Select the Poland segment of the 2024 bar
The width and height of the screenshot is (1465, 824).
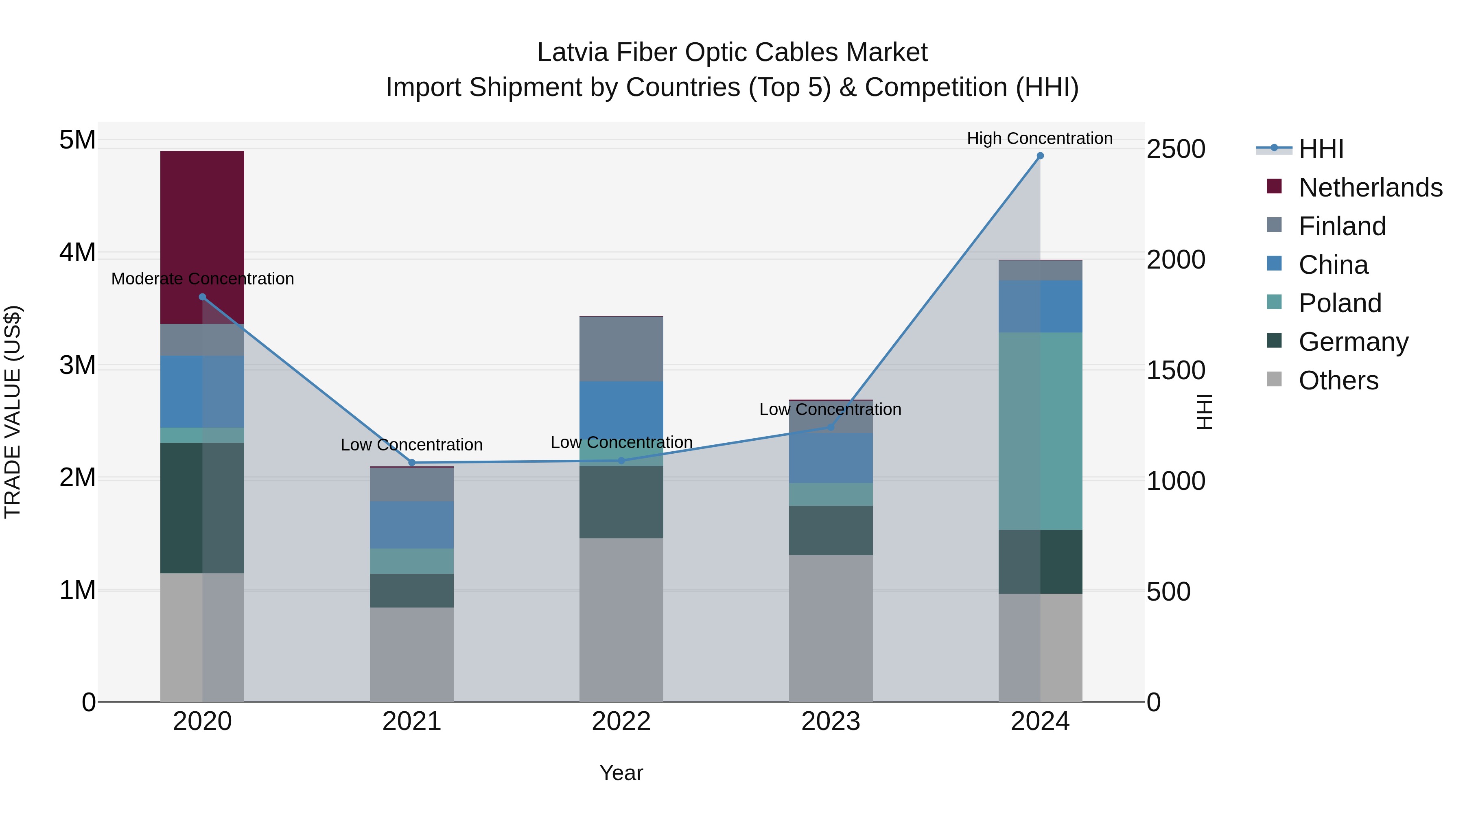tap(1040, 431)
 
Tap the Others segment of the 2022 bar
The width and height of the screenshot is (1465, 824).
tap(621, 619)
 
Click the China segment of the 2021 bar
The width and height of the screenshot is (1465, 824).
tap(412, 525)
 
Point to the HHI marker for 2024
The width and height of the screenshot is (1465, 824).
tap(1040, 156)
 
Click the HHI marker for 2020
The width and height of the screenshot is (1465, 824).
tap(203, 297)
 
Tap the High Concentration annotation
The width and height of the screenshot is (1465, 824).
tap(1040, 138)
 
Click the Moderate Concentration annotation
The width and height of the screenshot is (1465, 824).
tap(203, 279)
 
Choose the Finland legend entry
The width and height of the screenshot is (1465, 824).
tap(1342, 226)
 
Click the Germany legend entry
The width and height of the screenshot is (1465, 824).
tap(1353, 342)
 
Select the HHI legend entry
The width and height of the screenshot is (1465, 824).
tap(1321, 149)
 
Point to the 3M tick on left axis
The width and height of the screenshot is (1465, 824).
tap(77, 365)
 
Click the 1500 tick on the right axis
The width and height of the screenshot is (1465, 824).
tap(1176, 371)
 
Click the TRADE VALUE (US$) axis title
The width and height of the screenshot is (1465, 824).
tap(13, 412)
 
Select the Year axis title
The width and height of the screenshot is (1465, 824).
tap(621, 773)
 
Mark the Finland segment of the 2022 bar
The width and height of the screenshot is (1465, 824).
tap(621, 349)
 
